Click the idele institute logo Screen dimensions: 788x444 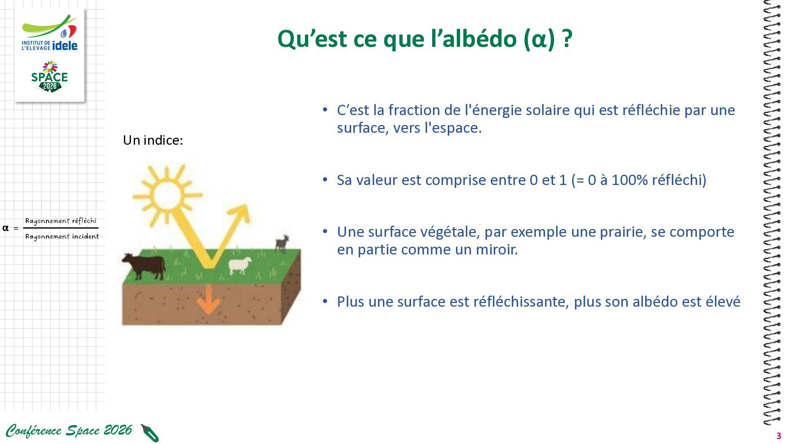(50, 33)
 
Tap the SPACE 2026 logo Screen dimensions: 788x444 (50, 77)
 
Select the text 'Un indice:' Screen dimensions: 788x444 (153, 140)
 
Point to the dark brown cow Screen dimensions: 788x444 (144, 266)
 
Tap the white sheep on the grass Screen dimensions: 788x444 (240, 266)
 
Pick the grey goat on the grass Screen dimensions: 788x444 (282, 243)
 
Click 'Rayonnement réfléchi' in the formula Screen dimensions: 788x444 (61, 221)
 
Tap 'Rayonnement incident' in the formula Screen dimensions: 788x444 (62, 236)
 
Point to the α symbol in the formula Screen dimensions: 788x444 (5, 228)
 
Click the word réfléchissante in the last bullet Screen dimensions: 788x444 (520, 302)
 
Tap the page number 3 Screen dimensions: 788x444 (779, 436)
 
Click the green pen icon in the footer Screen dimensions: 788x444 (150, 433)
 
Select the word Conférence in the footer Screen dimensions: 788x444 (34, 430)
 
